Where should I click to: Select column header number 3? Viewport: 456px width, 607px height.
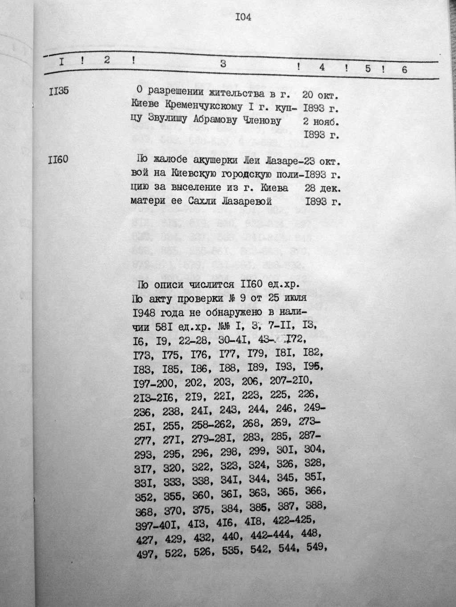pos(224,64)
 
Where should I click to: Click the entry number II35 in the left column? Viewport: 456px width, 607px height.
pos(59,92)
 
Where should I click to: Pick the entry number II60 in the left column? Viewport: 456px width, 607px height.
pos(58,159)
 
